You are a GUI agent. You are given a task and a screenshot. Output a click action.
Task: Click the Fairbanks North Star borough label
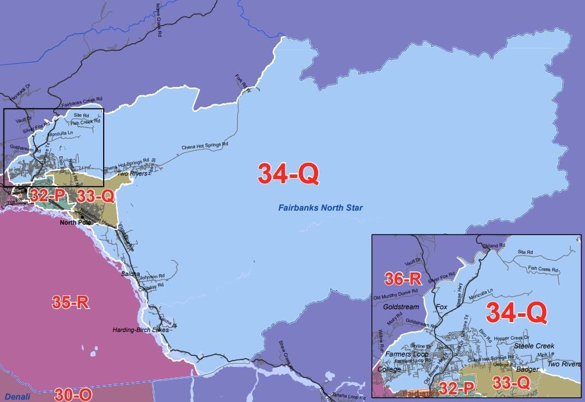tap(320, 207)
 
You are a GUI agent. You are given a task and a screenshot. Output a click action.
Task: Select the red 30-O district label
tap(73, 394)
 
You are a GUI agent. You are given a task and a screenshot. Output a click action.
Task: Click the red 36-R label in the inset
tap(403, 279)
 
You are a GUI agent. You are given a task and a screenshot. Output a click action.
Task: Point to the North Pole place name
tap(73, 222)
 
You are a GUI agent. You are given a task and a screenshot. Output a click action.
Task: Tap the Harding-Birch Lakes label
tap(140, 330)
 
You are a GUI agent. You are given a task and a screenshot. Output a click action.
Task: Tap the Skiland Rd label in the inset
tap(494, 246)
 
